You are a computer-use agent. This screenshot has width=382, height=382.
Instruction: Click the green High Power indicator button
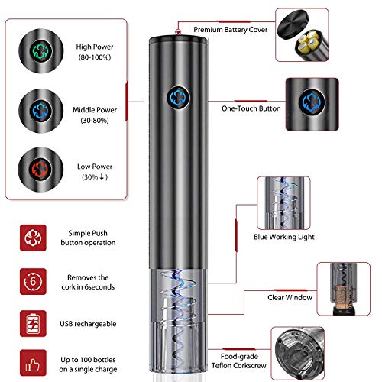41,51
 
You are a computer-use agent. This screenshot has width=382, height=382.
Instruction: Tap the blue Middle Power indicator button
40,111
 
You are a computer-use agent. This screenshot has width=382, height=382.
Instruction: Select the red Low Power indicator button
40,170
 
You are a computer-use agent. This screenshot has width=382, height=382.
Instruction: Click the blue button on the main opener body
178,98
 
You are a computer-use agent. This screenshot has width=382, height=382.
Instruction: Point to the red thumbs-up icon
33,363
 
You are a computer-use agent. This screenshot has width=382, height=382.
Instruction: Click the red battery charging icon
33,323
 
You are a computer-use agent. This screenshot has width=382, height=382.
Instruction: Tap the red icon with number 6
33,281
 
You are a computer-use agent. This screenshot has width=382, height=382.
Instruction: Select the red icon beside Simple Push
33,238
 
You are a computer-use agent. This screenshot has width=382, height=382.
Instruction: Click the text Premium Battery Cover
231,30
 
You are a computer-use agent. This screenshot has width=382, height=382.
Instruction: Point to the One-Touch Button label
251,108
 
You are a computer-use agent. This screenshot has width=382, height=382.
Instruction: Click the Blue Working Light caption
284,237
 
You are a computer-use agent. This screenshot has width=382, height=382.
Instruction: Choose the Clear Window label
290,297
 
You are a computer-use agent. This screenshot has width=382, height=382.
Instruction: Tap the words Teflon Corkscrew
239,365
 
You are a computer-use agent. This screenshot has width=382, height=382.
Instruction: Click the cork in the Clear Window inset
343,296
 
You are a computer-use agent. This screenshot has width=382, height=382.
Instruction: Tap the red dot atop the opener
178,32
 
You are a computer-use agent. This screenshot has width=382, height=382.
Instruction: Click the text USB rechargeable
88,324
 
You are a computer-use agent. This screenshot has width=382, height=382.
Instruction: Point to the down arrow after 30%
102,176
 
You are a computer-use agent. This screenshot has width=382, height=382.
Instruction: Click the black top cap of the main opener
179,39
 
